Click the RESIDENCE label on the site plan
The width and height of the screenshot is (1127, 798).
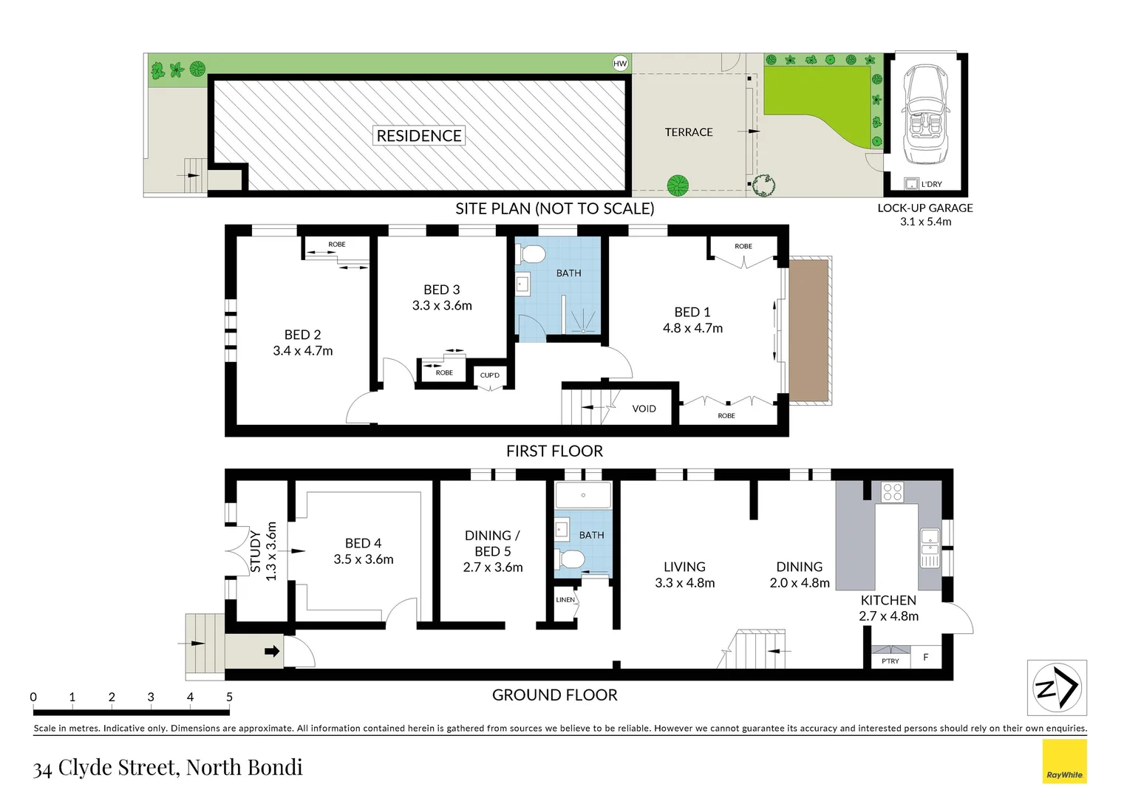tap(419, 135)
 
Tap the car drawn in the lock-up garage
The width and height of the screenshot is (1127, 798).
tap(927, 115)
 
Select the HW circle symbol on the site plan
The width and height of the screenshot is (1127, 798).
tap(620, 64)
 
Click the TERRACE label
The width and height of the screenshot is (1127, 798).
tap(688, 132)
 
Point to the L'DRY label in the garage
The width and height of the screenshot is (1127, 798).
tap(931, 184)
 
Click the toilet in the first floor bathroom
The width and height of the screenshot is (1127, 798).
tap(532, 256)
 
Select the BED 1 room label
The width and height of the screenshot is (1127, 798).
tap(692, 312)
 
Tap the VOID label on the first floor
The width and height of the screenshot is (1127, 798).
tap(644, 409)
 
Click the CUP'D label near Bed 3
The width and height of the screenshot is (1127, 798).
tap(489, 375)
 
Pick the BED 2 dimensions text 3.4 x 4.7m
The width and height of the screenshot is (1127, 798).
tap(302, 351)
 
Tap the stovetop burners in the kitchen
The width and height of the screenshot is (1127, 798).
tap(892, 491)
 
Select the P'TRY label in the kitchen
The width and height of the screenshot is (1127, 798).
tap(891, 661)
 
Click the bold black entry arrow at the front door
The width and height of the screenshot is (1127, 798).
tap(272, 651)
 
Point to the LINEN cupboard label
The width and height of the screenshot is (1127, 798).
tap(565, 600)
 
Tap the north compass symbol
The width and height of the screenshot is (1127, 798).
tap(1057, 688)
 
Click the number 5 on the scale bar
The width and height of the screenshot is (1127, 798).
tap(229, 697)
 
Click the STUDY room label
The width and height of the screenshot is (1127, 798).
tap(255, 551)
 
